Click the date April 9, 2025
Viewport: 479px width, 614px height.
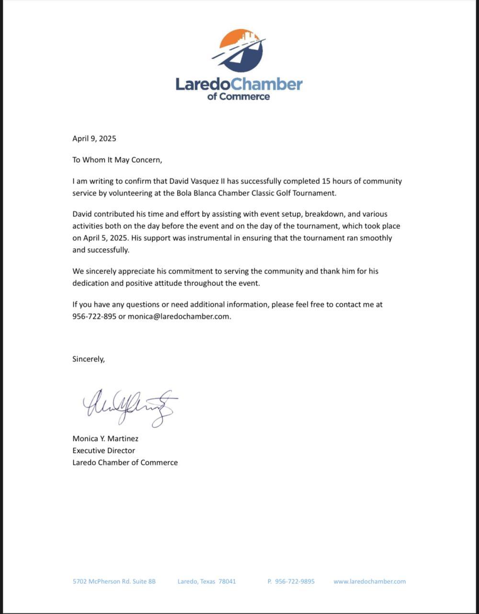[94, 139]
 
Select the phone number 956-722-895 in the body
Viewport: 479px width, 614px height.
[94, 317]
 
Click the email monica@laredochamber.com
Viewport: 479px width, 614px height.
[179, 317]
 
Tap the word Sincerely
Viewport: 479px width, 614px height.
[88, 359]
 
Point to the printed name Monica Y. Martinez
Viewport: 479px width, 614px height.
[105, 438]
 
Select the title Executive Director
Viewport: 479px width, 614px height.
[103, 450]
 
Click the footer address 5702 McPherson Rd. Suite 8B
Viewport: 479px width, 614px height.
[114, 581]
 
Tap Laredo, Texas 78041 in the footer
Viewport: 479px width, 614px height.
[206, 581]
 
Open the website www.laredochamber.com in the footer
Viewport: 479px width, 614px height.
[369, 581]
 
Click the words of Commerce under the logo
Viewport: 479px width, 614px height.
[238, 96]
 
